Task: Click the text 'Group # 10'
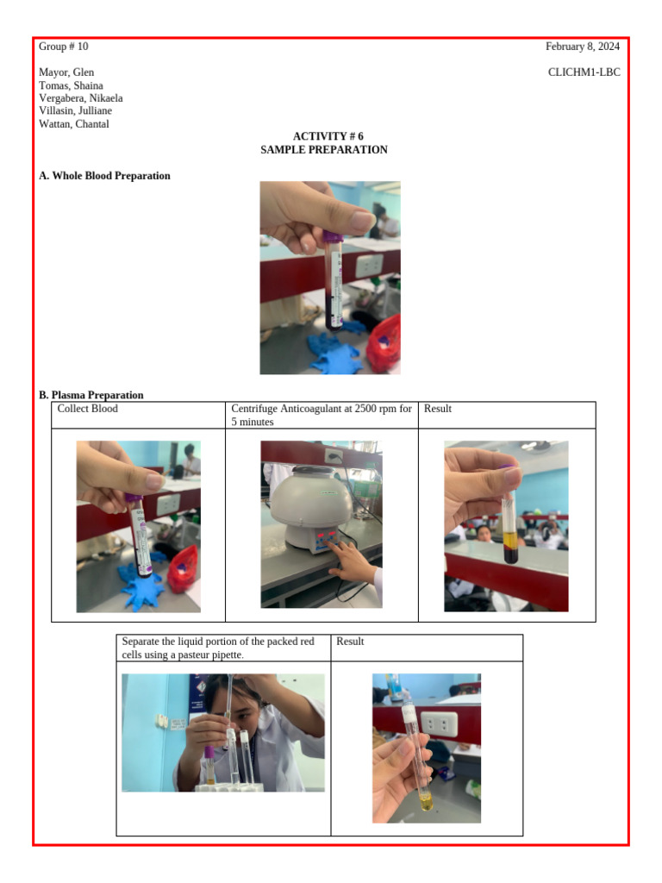[x=63, y=47]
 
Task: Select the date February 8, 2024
[x=582, y=47]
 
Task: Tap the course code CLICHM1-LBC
[x=584, y=72]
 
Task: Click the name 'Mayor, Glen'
[x=66, y=72]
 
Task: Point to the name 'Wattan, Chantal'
[x=74, y=124]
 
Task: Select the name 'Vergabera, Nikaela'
[x=81, y=98]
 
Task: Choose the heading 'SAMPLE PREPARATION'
[x=324, y=150]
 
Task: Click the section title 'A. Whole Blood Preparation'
[x=104, y=176]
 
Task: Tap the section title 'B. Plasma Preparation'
[x=91, y=396]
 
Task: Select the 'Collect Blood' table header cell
[x=87, y=409]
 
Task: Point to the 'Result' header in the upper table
[x=437, y=409]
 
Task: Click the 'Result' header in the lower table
[x=350, y=642]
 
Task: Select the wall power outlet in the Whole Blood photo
[x=371, y=265]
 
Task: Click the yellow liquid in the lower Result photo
[x=425, y=805]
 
